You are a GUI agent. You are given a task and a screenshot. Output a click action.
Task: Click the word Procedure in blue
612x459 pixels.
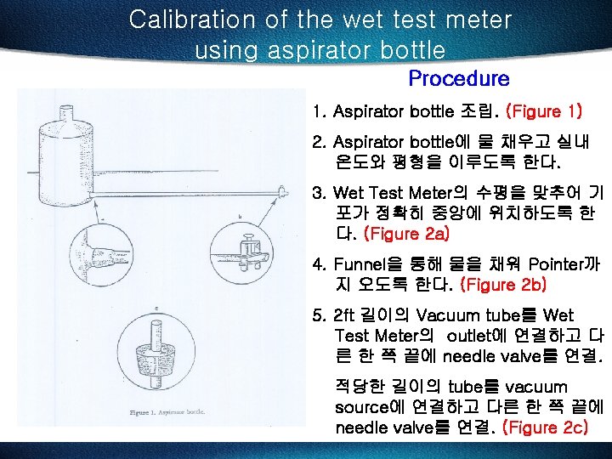[x=458, y=79]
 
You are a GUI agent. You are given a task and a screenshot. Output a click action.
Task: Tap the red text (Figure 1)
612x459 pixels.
[x=544, y=111]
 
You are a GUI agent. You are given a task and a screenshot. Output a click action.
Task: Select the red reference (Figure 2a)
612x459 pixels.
[x=406, y=231]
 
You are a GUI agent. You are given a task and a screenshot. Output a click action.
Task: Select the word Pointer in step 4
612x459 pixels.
[x=555, y=265]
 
